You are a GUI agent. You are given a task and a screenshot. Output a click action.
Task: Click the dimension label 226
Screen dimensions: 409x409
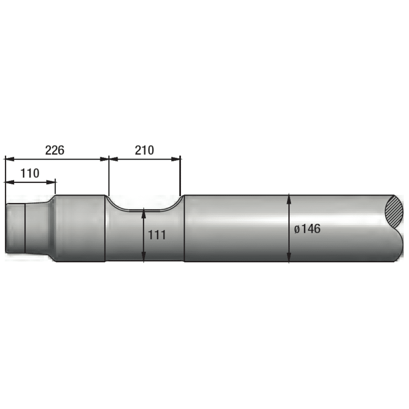pyautogui.click(x=55, y=150)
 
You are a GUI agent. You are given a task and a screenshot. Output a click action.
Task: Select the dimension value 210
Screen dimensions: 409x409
pyautogui.click(x=145, y=150)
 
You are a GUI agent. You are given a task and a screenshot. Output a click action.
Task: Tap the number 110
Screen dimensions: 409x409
pyautogui.click(x=30, y=173)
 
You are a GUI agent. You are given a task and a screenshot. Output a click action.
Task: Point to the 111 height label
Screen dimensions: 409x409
pyautogui.click(x=157, y=235)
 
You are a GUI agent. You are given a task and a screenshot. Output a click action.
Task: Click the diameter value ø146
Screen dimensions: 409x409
pyautogui.click(x=307, y=229)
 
